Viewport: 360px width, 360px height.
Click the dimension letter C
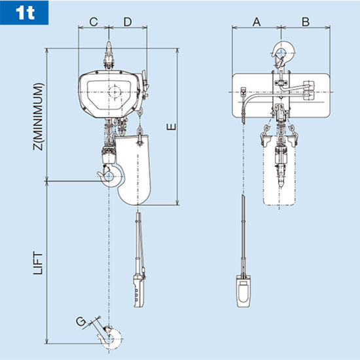tap(94, 22)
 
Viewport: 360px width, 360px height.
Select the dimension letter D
tap(128, 22)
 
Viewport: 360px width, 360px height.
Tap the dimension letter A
tap(256, 22)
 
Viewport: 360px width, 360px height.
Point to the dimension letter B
tap(305, 22)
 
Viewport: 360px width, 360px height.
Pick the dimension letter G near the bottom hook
tap(80, 321)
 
